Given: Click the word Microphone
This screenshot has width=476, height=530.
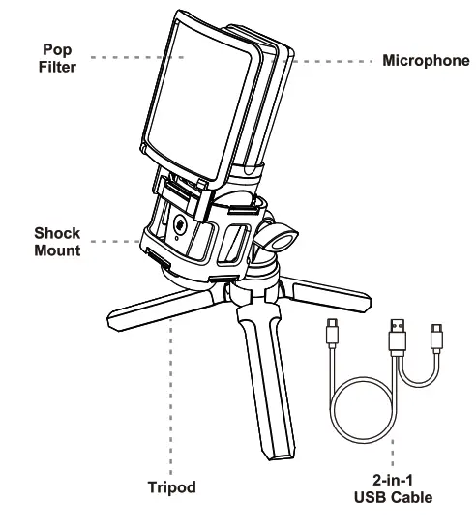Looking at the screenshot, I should pyautogui.click(x=426, y=61).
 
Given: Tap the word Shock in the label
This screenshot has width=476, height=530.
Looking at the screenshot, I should pyautogui.click(x=57, y=233).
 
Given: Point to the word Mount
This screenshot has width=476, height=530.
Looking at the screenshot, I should pyautogui.click(x=57, y=250).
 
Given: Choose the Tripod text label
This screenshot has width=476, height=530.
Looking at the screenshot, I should pyautogui.click(x=170, y=487).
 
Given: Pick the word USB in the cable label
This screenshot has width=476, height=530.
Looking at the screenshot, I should pyautogui.click(x=370, y=498).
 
